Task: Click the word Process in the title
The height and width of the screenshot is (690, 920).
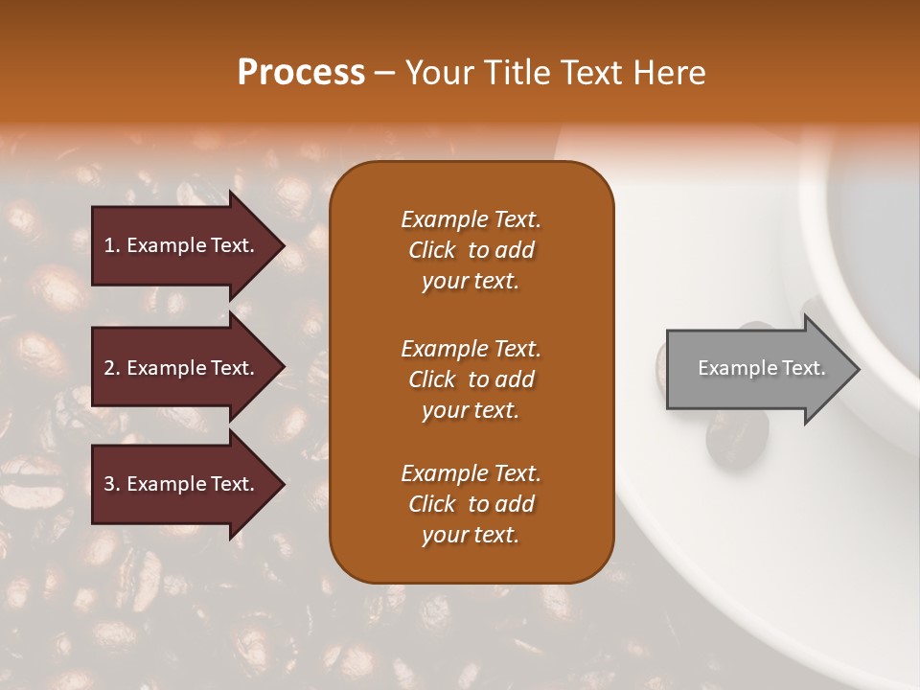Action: [x=301, y=73]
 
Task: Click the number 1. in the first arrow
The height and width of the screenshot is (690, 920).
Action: [x=112, y=245]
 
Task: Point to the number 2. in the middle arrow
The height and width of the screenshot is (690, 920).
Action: [x=112, y=368]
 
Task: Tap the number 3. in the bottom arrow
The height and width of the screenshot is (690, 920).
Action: [x=112, y=484]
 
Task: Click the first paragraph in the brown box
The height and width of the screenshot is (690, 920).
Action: [x=471, y=250]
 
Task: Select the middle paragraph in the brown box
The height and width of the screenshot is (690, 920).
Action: [x=471, y=379]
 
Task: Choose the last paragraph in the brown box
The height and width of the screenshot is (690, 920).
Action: [x=471, y=504]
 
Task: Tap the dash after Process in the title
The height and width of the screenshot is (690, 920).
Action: [x=384, y=73]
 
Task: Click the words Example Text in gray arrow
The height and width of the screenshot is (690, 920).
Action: [x=761, y=368]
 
